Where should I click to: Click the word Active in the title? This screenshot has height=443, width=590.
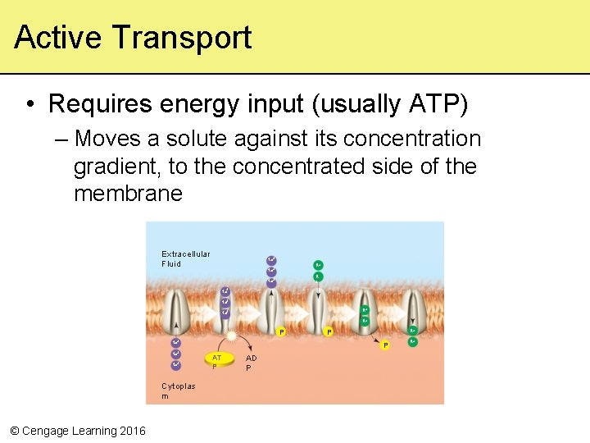pyautogui.click(x=57, y=38)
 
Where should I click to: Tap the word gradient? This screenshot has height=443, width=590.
pyautogui.click(x=117, y=167)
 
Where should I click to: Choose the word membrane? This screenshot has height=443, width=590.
pyautogui.click(x=128, y=194)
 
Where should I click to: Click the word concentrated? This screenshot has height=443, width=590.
pyautogui.click(x=303, y=167)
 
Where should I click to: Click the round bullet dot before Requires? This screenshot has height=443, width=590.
pyautogui.click(x=29, y=105)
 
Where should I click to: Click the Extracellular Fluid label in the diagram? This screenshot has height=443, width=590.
pyautogui.click(x=185, y=258)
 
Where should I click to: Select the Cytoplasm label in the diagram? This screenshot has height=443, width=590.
pyautogui.click(x=178, y=390)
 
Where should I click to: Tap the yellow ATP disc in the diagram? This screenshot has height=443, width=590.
pyautogui.click(x=218, y=360)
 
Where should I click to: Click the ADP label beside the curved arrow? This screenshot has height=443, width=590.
pyautogui.click(x=251, y=363)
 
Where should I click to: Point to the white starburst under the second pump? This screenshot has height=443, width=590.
pyautogui.click(x=233, y=336)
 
